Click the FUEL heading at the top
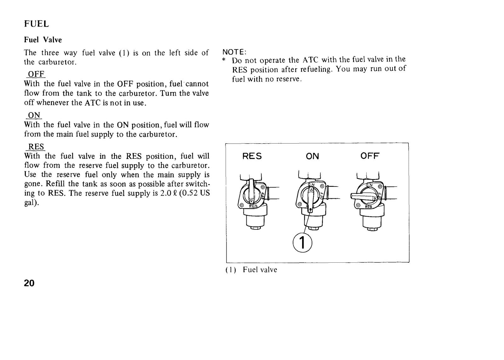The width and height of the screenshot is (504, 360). (x=37, y=24)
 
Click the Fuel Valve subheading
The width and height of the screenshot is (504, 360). (x=43, y=40)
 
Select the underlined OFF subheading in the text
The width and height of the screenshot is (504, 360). (x=36, y=74)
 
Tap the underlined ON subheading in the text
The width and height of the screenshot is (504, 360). (x=34, y=115)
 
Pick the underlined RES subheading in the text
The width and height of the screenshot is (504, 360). (x=36, y=147)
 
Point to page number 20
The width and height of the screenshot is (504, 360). (x=29, y=283)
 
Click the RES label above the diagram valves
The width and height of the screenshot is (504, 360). (x=252, y=156)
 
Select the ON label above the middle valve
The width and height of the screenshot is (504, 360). (x=312, y=156)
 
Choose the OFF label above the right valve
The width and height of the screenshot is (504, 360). (x=370, y=156)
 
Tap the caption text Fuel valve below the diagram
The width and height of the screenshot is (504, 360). (x=260, y=270)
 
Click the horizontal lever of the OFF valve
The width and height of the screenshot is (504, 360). (x=362, y=197)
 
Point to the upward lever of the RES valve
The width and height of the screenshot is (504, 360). (x=251, y=191)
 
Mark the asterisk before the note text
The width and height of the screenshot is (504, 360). (x=224, y=60)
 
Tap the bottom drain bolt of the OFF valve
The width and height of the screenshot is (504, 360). (x=372, y=229)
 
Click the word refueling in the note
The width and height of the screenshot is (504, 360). (x=316, y=70)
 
